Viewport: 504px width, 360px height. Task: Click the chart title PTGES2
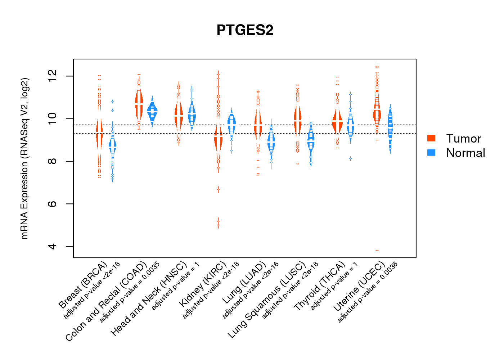click(x=245, y=30)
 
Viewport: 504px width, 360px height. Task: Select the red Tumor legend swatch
click(x=431, y=138)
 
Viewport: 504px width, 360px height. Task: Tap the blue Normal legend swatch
click(x=431, y=153)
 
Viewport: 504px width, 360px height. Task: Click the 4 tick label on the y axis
click(x=53, y=246)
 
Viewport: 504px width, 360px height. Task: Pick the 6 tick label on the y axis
click(x=53, y=204)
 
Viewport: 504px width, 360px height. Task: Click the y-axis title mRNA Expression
click(x=24, y=158)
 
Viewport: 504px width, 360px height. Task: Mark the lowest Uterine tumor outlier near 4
click(x=377, y=250)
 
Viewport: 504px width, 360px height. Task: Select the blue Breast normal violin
click(x=113, y=145)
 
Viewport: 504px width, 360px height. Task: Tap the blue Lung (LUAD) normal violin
click(x=271, y=143)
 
